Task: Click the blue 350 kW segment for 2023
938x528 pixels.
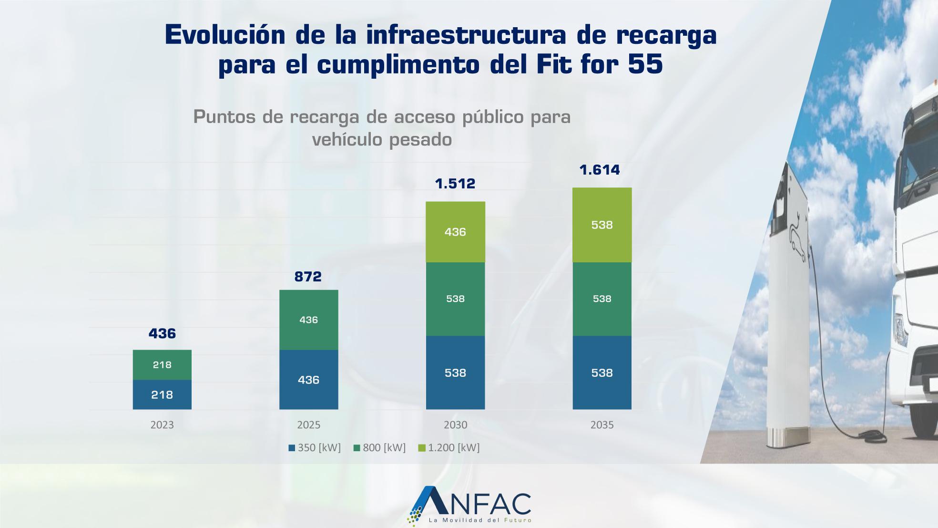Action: [x=162, y=394]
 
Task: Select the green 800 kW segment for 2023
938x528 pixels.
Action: [x=162, y=365]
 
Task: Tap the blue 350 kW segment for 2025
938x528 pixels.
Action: [x=308, y=380]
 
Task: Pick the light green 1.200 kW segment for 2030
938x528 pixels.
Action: [x=455, y=232]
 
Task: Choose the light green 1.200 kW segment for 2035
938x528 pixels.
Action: [x=602, y=225]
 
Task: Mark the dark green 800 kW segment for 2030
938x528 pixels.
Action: [x=455, y=299]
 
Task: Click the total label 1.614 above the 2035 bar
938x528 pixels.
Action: [x=600, y=170]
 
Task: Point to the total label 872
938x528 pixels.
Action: [x=308, y=277]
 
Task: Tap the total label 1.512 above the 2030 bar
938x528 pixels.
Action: [x=455, y=184]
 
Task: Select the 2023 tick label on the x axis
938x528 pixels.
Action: [x=162, y=425]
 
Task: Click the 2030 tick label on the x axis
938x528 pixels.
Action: [x=455, y=425]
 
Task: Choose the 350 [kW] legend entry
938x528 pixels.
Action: [x=315, y=448]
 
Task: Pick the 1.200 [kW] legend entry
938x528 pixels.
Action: [x=449, y=448]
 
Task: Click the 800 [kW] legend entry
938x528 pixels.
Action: [x=380, y=448]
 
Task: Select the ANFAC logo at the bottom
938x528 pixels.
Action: [x=469, y=506]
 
